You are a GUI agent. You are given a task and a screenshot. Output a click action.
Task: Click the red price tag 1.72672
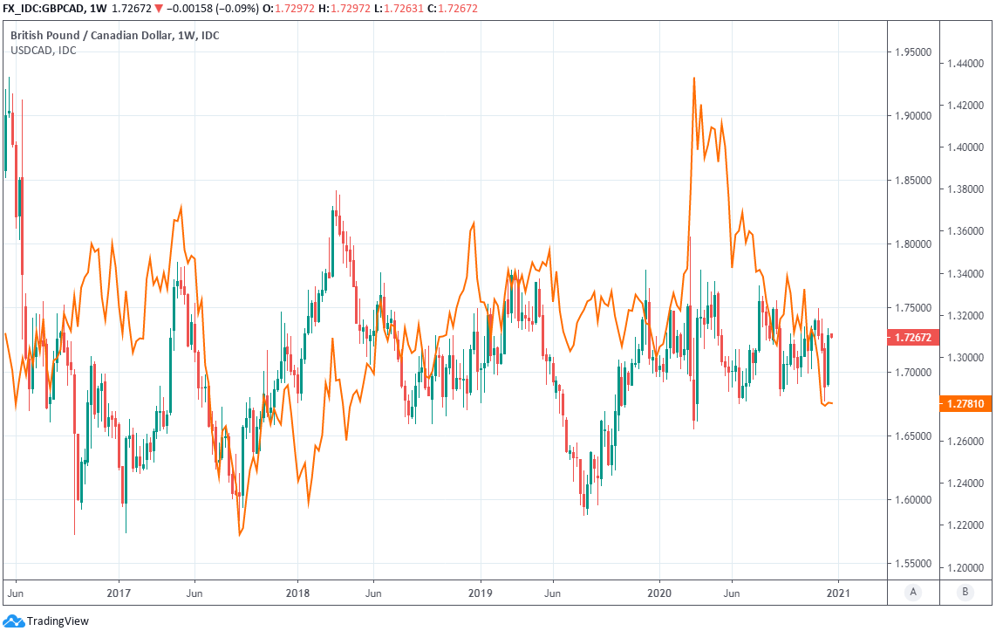tap(912, 336)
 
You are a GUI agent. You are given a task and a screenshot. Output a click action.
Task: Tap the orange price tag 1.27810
tap(965, 403)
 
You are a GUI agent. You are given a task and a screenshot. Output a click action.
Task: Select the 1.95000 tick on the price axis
tap(912, 52)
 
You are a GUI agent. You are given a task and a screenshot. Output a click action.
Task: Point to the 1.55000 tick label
tap(912, 564)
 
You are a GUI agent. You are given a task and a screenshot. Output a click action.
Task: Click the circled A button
tap(913, 593)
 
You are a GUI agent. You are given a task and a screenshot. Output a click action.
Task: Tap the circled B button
tap(965, 593)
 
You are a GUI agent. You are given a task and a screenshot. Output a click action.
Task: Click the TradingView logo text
tap(58, 621)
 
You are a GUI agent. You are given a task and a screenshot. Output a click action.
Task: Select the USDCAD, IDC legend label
tap(44, 50)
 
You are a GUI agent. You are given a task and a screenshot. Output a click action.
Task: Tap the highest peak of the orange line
tap(693, 78)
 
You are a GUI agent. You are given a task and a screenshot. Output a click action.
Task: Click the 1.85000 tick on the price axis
tap(912, 181)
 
